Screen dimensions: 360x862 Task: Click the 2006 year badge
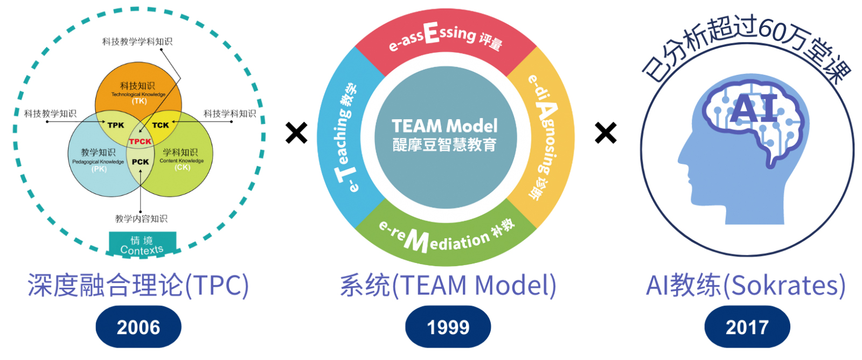tap(138, 327)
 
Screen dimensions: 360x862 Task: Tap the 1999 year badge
tap(448, 327)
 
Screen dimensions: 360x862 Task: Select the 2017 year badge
tap(747, 327)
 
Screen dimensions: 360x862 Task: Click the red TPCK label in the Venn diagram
tap(140, 142)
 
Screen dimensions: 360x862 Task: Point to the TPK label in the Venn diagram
tap(116, 125)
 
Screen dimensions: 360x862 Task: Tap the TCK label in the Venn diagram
tap(161, 125)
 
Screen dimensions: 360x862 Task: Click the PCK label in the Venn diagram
tap(140, 162)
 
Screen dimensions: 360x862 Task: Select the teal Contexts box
tap(142, 244)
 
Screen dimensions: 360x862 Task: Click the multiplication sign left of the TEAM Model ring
tap(296, 133)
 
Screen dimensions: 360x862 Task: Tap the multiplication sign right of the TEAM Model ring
tap(606, 133)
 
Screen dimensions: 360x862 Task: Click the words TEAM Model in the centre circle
tap(444, 126)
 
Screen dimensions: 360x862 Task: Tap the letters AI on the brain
tap(754, 108)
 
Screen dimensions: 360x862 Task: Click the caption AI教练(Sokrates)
tap(746, 285)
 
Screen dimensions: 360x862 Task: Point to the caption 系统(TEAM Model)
tap(448, 285)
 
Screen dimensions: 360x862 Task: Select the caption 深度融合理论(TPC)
tap(138, 285)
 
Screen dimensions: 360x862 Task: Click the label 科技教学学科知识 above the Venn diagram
tap(137, 41)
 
